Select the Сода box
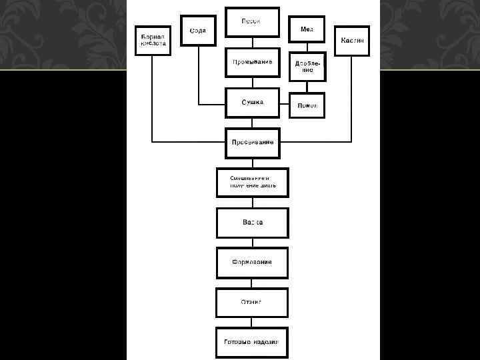198,31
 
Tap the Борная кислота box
152,40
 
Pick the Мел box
307,29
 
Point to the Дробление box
307,66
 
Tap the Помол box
307,105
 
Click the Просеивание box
252,142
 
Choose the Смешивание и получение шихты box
252,181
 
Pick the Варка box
252,223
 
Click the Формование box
252,263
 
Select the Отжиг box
252,302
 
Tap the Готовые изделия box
252,343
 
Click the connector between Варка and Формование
252,243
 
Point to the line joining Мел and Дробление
307,47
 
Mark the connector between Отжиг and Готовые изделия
252,322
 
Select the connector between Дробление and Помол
307,87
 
